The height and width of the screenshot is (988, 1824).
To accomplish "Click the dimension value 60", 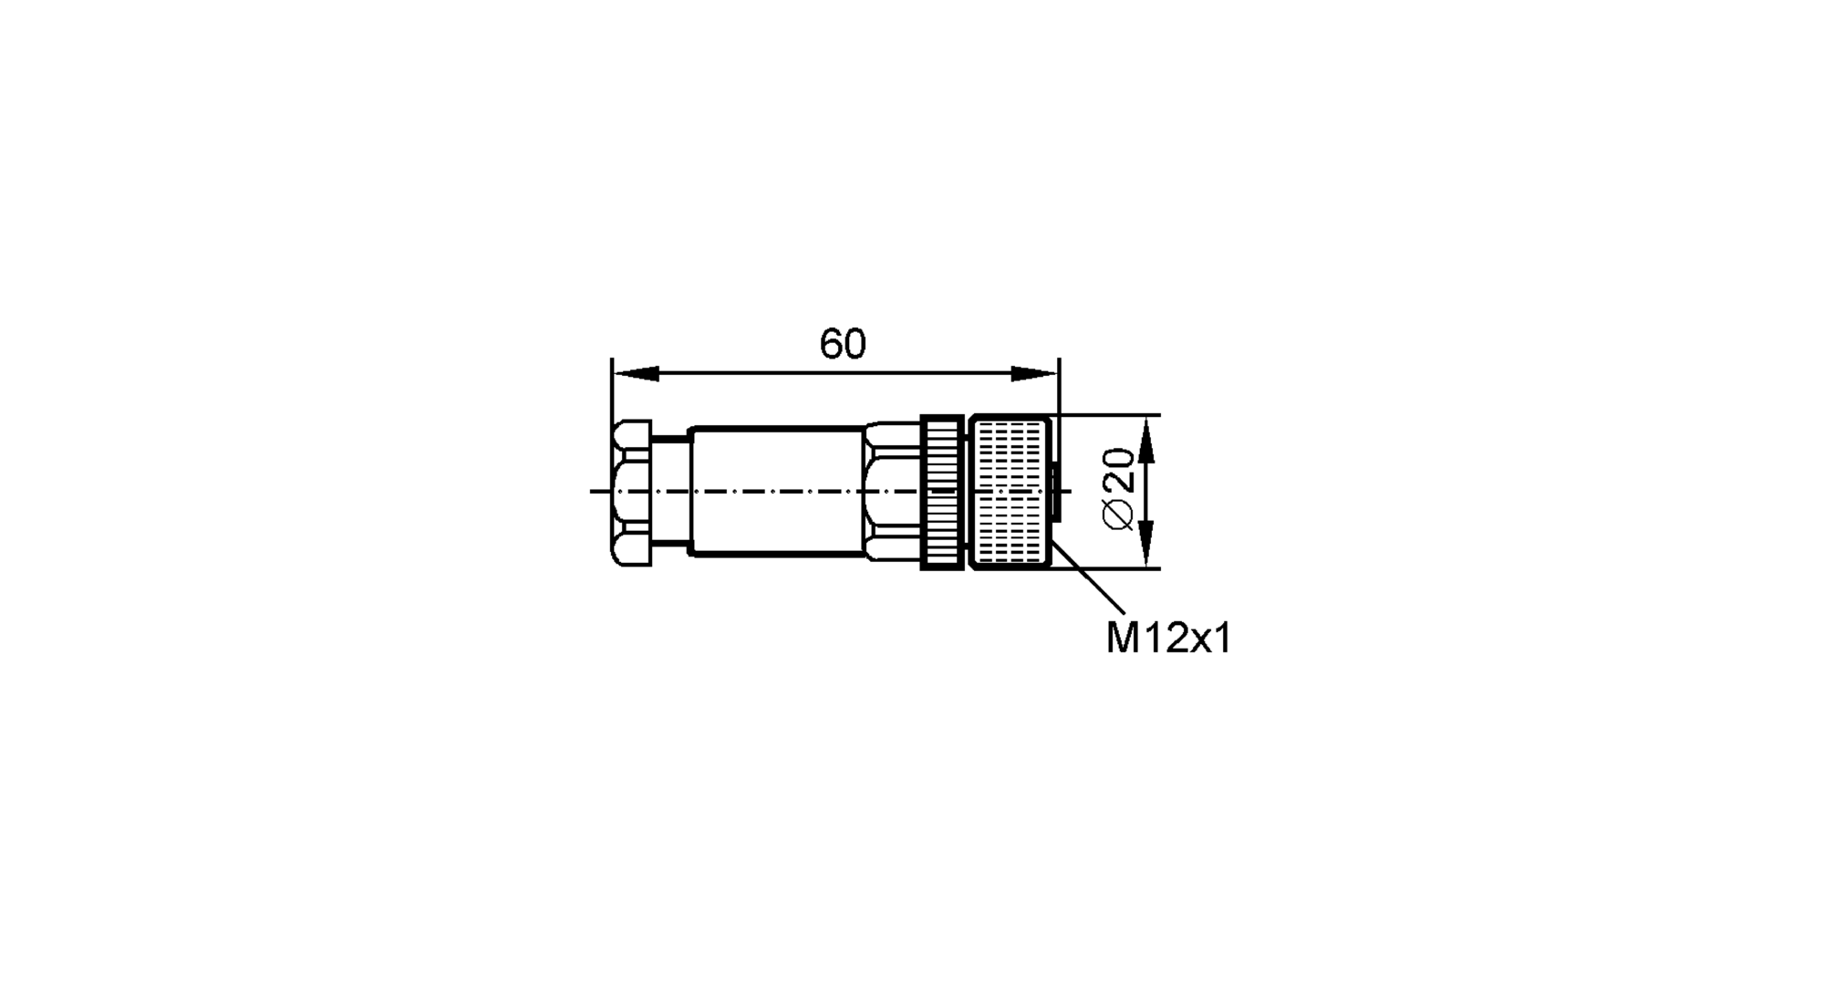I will tap(842, 345).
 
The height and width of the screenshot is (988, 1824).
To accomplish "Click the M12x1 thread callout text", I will tap(1168, 639).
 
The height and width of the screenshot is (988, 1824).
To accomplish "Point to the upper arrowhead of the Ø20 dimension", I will tap(1146, 438).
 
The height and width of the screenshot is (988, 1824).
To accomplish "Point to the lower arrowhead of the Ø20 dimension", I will tap(1146, 546).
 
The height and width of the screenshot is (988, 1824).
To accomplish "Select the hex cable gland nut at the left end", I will tap(631, 493).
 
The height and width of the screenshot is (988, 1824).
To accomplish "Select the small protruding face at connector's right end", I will tap(1055, 493).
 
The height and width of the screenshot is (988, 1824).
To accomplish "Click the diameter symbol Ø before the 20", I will tap(1119, 515).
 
